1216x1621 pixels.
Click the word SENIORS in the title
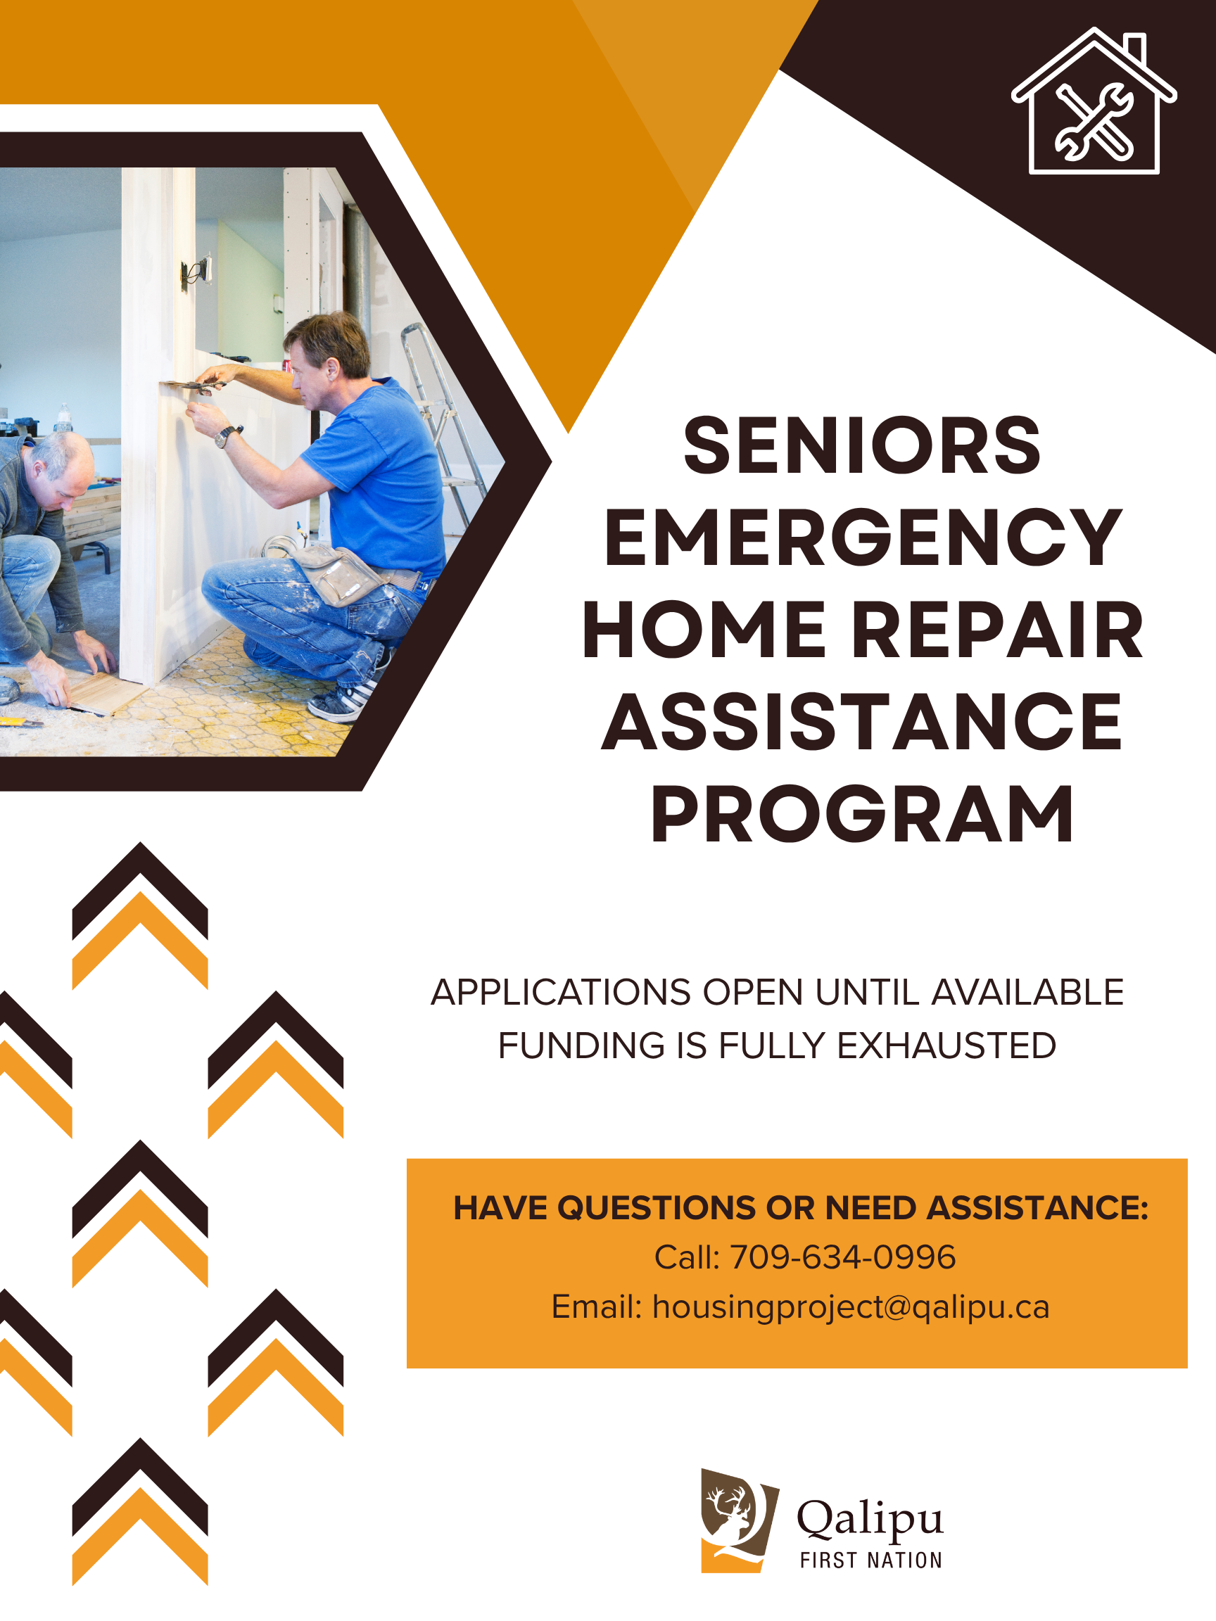coord(862,445)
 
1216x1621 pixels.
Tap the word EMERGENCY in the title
coord(862,539)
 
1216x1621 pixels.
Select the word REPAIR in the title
coord(997,631)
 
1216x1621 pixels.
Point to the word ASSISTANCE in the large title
coord(862,723)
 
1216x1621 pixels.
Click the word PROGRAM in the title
coord(862,815)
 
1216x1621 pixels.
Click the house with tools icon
coord(1094,103)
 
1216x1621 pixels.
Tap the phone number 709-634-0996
coord(843,1257)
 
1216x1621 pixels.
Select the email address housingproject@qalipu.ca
coord(851,1307)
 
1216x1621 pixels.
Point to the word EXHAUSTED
coord(946,1045)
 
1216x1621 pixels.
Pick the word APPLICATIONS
coord(561,993)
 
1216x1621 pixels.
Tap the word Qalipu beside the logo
coord(870,1518)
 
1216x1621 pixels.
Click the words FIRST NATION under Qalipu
coord(870,1560)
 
